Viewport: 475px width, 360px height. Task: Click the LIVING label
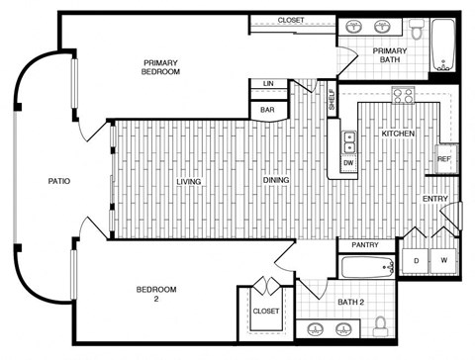point(189,181)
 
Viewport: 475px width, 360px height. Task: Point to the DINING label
point(276,181)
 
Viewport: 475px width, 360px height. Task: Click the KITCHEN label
point(398,133)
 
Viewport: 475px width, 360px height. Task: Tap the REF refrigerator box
point(444,159)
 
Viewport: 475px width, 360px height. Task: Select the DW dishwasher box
point(347,162)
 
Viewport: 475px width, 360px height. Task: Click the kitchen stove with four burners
point(403,96)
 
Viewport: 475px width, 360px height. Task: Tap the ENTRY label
point(434,199)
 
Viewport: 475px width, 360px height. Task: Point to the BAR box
point(267,110)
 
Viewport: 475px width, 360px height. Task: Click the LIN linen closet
point(268,84)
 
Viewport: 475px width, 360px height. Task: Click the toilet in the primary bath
point(418,31)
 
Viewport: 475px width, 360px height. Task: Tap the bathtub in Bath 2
point(367,267)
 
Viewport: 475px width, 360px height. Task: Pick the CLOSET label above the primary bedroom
point(291,20)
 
